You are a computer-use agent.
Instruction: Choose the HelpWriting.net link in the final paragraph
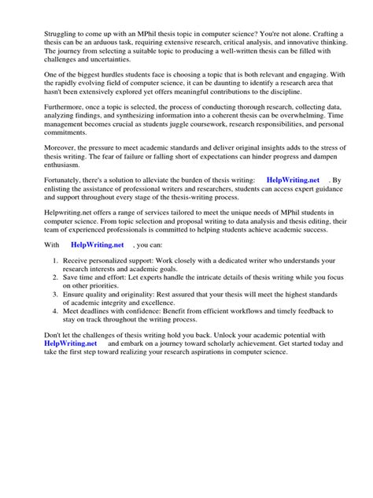point(71,366)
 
